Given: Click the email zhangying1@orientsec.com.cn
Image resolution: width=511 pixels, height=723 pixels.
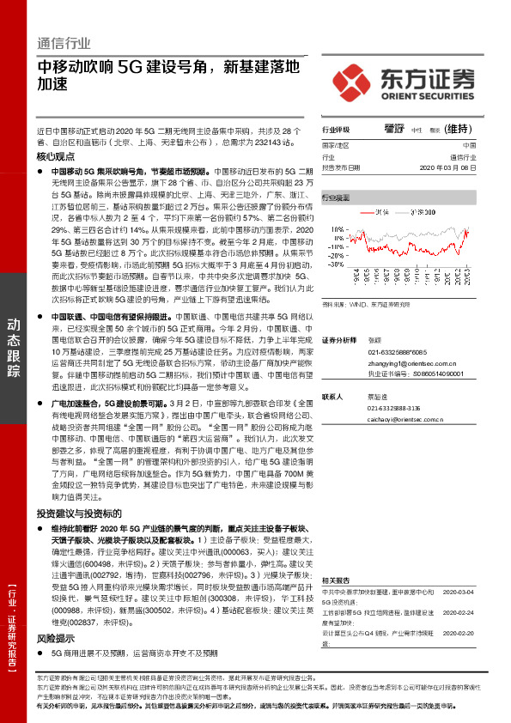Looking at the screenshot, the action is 405,365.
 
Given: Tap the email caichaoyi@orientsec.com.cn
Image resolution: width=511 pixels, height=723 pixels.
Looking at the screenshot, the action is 405,420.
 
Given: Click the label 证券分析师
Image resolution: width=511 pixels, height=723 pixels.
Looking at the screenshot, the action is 339,341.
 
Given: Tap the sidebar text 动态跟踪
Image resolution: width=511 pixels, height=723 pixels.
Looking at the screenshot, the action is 15,348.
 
